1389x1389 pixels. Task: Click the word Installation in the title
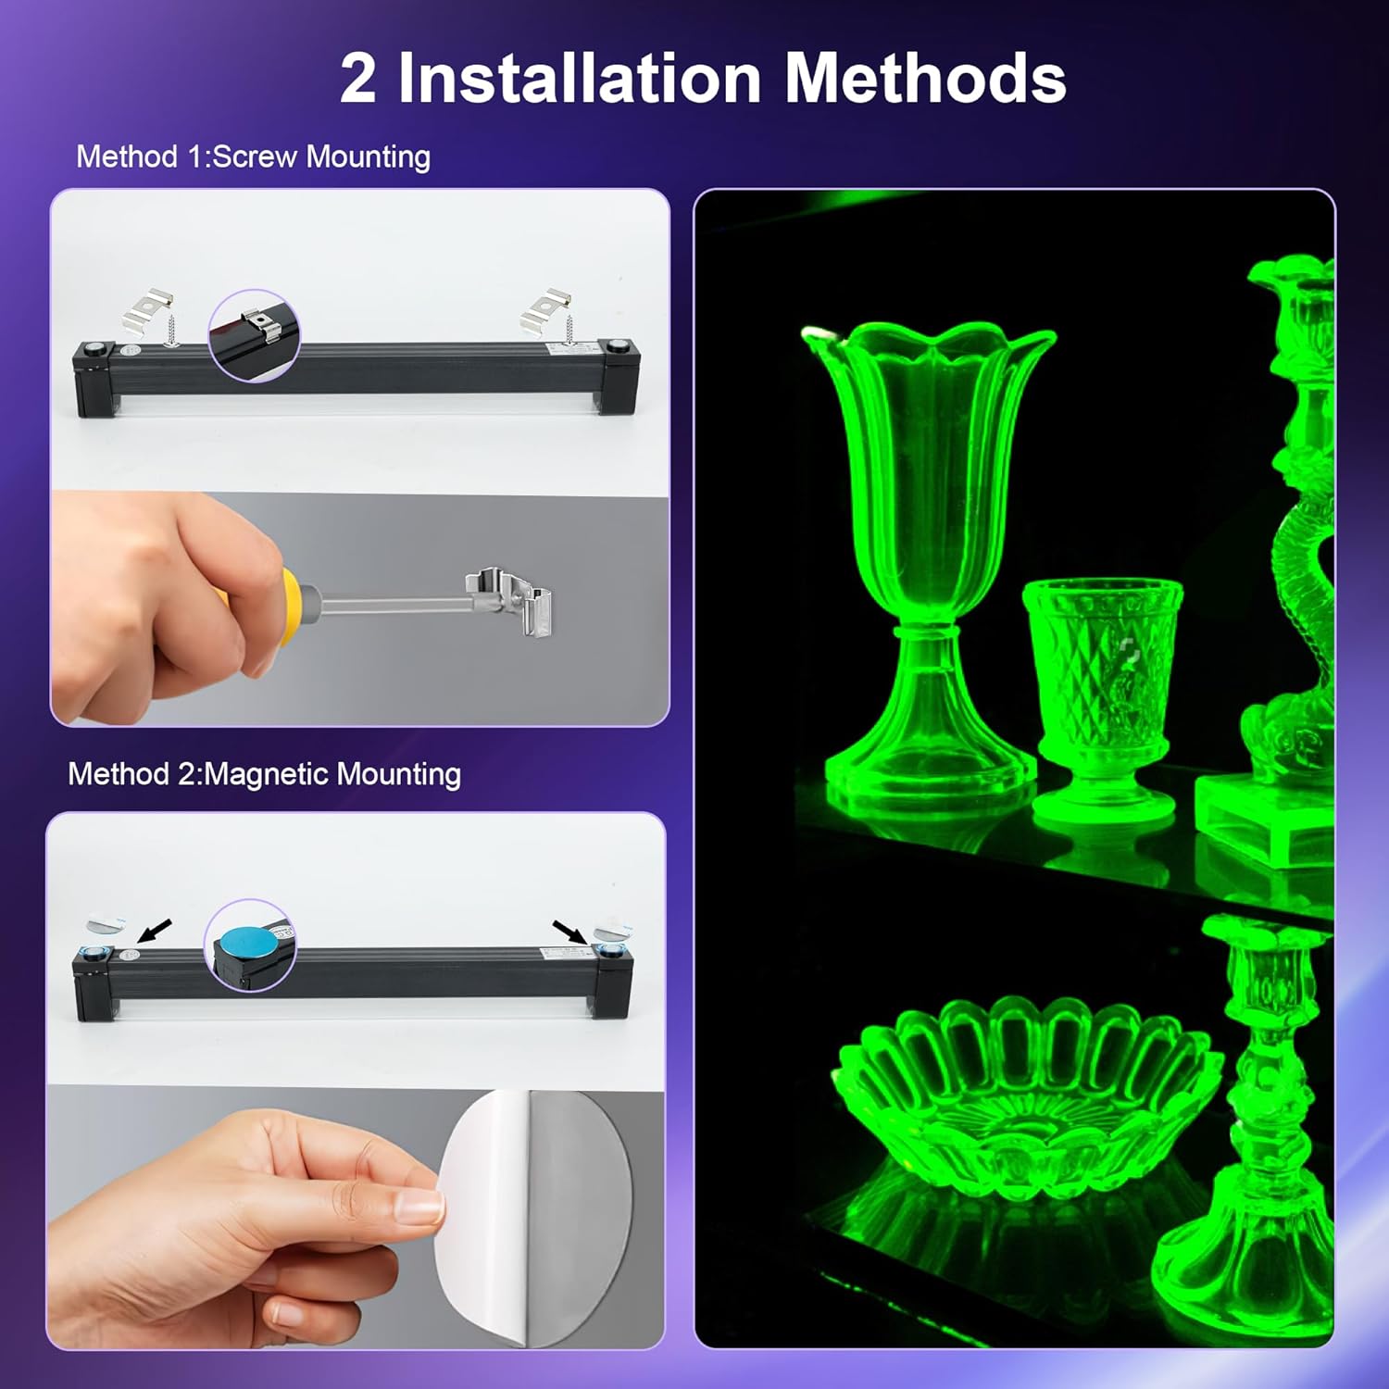pos(580,78)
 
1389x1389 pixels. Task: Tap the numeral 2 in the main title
pos(357,80)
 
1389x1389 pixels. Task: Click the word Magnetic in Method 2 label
pos(265,774)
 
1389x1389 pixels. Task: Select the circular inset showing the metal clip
pos(254,333)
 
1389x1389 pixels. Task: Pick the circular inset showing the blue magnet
pos(250,945)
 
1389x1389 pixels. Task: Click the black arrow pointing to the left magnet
pos(155,928)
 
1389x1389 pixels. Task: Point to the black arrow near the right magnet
pos(569,931)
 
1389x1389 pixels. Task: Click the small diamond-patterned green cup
pos(1102,694)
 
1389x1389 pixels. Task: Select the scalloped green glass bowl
pos(1023,1083)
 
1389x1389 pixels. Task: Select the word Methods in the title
pos(925,78)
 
